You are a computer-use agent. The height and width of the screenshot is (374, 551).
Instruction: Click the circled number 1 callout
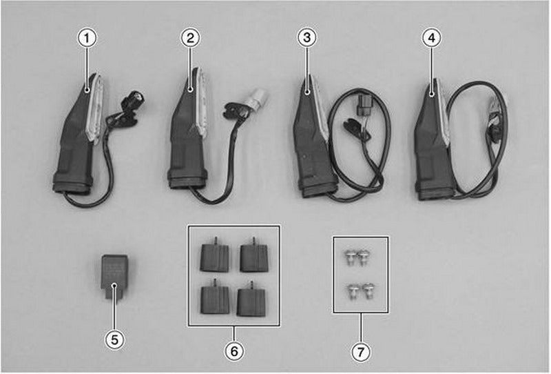coord(87,39)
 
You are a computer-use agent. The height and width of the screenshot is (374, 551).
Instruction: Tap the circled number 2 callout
coord(191,38)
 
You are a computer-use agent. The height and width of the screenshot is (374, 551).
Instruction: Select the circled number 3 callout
coord(306,37)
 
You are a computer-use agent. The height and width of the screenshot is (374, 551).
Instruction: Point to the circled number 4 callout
coord(432,38)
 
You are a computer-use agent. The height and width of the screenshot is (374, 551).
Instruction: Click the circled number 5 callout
coord(114,340)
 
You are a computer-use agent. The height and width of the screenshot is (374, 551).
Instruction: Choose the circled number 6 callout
coord(234,351)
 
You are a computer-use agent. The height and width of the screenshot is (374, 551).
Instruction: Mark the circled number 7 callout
coord(360,352)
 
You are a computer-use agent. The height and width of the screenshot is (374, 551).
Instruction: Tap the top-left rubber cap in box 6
coord(214,255)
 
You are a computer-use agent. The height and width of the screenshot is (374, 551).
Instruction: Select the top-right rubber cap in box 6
coord(254,256)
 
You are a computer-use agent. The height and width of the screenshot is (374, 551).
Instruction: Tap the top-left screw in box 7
coord(349,258)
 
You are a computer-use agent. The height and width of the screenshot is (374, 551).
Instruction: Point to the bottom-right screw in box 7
coord(368,291)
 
